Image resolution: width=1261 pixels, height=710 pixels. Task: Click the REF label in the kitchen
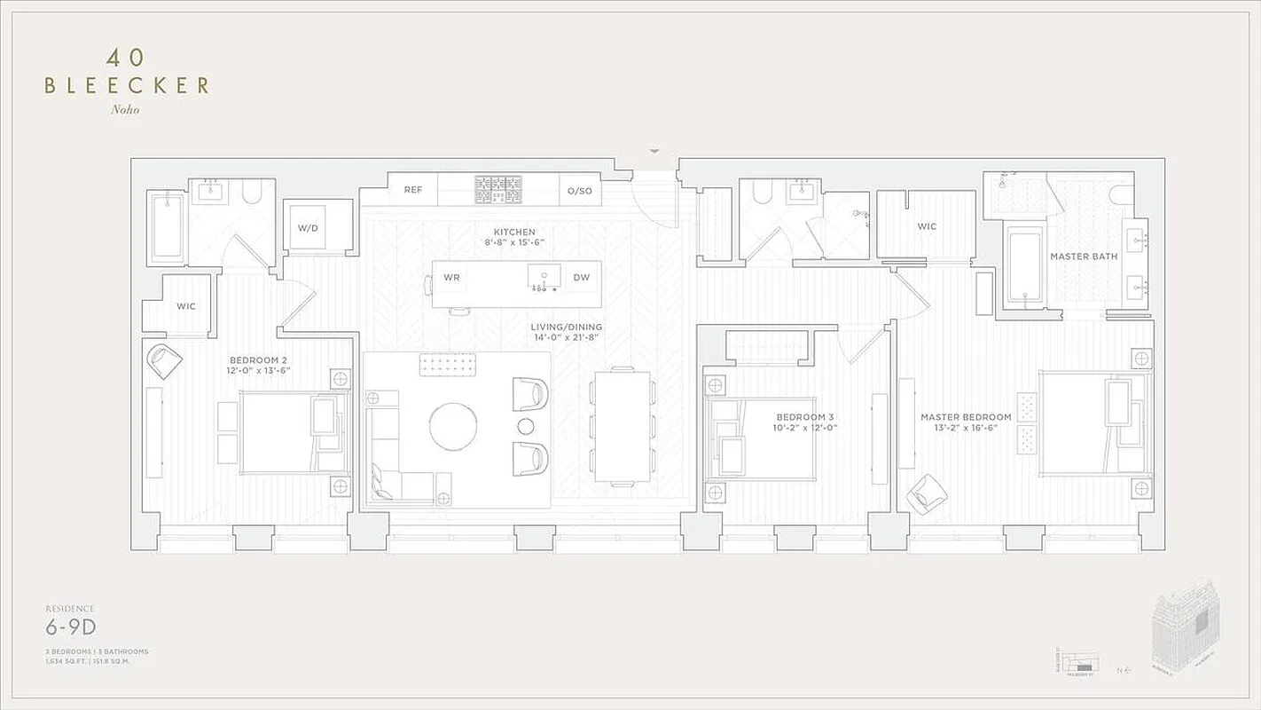point(413,190)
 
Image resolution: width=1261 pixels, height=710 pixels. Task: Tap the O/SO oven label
point(579,190)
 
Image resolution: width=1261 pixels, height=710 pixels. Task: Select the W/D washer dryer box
point(308,227)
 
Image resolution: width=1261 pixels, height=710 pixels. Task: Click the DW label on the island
point(581,278)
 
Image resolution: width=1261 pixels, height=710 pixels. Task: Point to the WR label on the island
point(452,278)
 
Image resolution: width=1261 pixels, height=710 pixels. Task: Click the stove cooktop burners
point(497,189)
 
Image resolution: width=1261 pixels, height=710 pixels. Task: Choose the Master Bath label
point(1084,256)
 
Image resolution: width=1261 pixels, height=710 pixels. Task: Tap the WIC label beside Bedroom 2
point(186,306)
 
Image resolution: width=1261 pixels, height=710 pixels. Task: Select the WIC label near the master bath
point(927,227)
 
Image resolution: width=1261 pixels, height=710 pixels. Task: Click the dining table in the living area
point(622,426)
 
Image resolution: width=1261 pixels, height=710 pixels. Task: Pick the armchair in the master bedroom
point(928,493)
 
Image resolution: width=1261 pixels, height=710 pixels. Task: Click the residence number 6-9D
point(71,628)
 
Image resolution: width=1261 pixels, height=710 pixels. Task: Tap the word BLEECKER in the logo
point(127,86)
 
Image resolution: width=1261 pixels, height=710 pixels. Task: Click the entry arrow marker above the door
point(654,152)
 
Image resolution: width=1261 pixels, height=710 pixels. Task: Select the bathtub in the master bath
point(1026,265)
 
